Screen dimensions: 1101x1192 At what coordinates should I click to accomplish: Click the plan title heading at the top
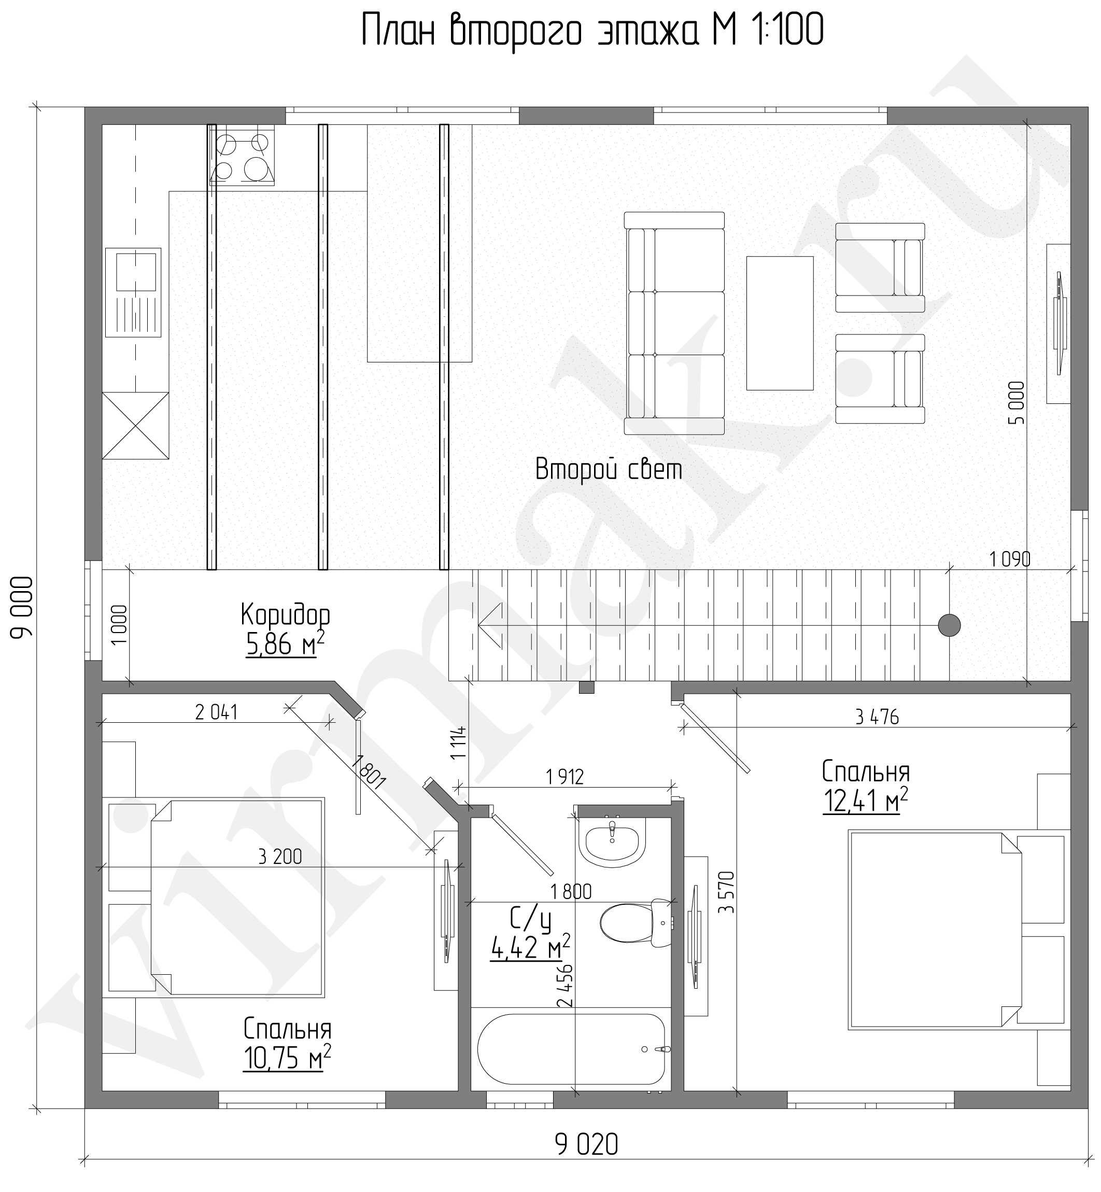tap(593, 31)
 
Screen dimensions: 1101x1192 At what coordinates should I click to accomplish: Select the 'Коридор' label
tap(286, 614)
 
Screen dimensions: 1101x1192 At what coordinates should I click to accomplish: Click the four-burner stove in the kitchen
tap(243, 156)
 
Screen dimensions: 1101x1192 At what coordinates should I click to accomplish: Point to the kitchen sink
tap(133, 292)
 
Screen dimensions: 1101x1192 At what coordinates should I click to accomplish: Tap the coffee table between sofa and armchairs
tap(780, 323)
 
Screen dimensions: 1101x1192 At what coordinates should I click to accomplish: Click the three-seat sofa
tap(674, 323)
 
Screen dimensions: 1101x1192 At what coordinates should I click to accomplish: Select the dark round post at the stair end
tap(949, 625)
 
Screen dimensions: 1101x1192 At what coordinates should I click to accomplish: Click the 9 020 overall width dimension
tap(587, 1144)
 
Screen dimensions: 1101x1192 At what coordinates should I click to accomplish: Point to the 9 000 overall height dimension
tap(22, 607)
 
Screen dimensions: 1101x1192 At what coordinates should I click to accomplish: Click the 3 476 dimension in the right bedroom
tap(877, 717)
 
